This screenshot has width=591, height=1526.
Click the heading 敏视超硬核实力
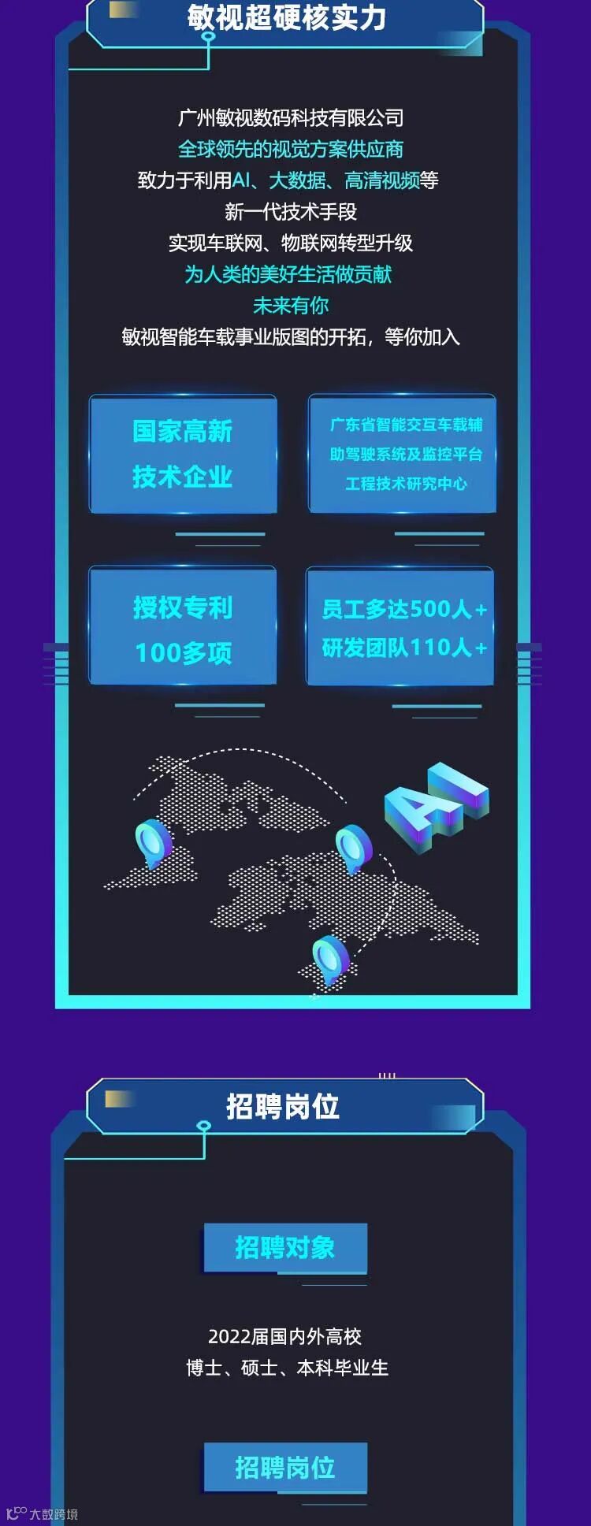[287, 17]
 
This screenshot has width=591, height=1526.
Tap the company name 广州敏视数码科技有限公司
[291, 118]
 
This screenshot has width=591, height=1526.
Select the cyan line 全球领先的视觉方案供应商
[291, 149]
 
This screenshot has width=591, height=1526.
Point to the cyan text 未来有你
[291, 306]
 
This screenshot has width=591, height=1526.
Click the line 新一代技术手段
[291, 211]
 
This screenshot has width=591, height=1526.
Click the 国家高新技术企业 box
[183, 454]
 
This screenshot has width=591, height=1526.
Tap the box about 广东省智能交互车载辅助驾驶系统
[403, 454]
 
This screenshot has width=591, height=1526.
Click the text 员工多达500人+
[403, 609]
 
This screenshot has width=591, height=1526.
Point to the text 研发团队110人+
[403, 648]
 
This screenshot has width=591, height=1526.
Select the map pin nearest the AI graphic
[353, 848]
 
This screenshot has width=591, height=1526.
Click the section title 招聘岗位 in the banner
[283, 1106]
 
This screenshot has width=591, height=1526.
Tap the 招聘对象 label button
[285, 1248]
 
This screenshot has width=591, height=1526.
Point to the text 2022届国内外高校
[285, 1336]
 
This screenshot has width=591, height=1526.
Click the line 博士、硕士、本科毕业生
[288, 1368]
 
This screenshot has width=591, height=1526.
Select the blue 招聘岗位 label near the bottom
[285, 1468]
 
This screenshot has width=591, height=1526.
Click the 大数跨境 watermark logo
[43, 1514]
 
